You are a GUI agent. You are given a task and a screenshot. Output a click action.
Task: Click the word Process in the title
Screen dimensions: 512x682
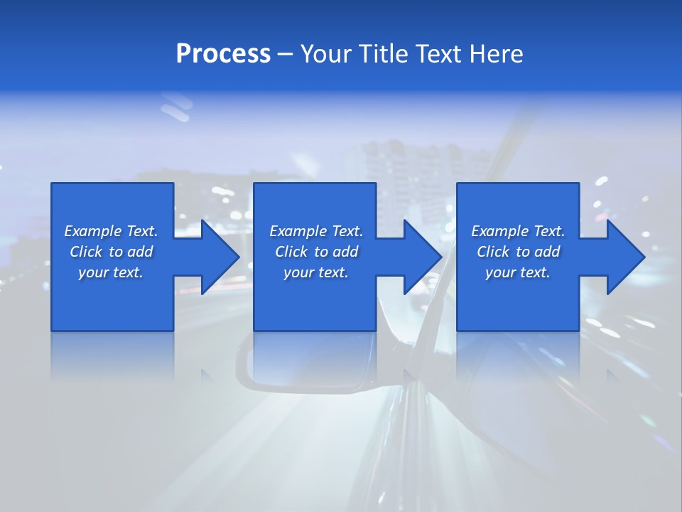[x=223, y=54]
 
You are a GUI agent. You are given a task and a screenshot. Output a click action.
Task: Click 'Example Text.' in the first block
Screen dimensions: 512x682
[x=111, y=231]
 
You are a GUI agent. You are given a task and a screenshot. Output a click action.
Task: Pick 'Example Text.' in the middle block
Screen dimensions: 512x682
[x=316, y=231]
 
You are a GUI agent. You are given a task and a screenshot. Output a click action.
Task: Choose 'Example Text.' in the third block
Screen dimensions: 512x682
[x=518, y=231]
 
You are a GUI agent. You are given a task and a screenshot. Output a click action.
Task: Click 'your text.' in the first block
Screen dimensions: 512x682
[x=111, y=272]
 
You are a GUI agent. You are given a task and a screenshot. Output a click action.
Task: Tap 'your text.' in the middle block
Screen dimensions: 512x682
[x=316, y=272]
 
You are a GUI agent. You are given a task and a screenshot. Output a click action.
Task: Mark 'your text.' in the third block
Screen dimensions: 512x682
[x=518, y=272]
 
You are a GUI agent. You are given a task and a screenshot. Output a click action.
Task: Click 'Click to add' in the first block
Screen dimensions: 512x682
[x=111, y=252]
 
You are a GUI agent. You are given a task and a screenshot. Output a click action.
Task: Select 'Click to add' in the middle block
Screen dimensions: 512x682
[x=316, y=252]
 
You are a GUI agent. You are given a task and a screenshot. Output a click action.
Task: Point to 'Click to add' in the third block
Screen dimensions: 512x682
[x=518, y=252]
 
